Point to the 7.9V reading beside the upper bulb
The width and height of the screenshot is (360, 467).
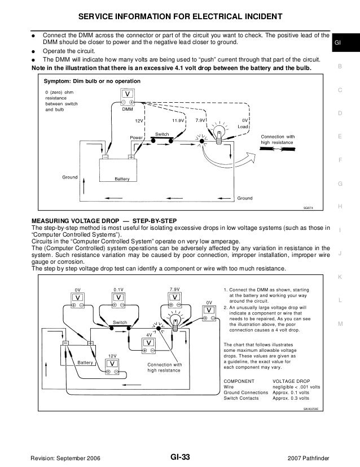[x=200, y=121]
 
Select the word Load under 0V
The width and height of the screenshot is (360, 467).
[x=243, y=127]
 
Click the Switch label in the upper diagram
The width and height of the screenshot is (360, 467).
[x=163, y=134]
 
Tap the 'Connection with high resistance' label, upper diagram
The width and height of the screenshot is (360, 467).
[x=277, y=140]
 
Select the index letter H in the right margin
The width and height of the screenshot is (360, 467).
[x=340, y=207]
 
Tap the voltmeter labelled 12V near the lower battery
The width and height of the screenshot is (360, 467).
[x=113, y=365]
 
